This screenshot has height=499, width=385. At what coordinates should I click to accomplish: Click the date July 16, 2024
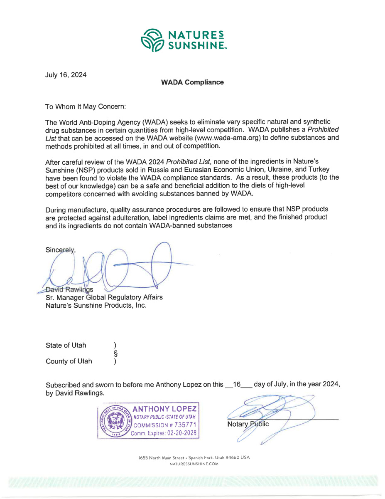(x=66, y=75)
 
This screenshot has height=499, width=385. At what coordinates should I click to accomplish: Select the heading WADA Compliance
(x=192, y=82)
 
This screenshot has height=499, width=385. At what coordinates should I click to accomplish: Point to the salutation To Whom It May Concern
(x=85, y=106)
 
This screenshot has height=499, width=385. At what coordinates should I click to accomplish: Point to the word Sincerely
(x=60, y=250)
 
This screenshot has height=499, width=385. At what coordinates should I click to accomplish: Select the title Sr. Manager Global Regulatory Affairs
(x=104, y=297)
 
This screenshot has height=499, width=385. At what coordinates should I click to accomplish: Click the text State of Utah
(x=66, y=345)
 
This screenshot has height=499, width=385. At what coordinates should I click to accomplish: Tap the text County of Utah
(x=69, y=361)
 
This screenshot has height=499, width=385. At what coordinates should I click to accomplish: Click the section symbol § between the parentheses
(x=115, y=353)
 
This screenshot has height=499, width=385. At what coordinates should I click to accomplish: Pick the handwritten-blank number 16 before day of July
(x=237, y=385)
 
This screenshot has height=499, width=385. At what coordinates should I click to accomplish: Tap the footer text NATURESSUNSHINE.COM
(x=194, y=464)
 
